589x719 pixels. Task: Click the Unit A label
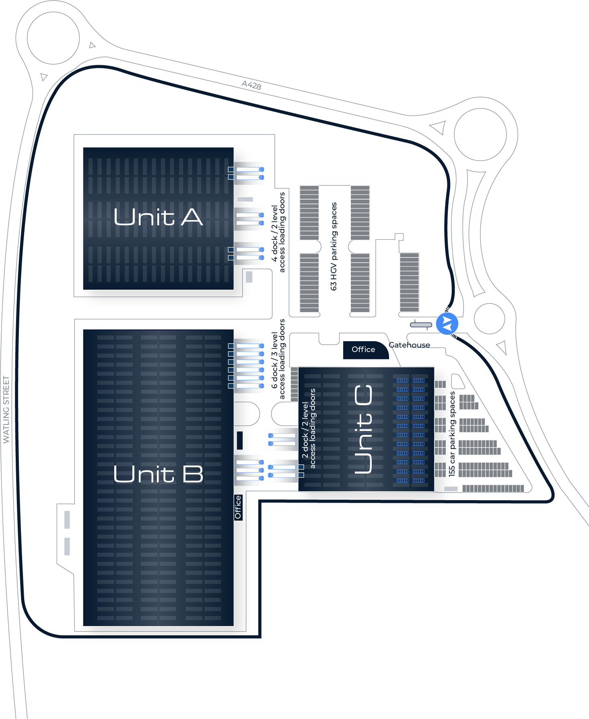(x=158, y=217)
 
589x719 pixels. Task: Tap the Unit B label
(x=159, y=474)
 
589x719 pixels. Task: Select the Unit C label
(x=363, y=429)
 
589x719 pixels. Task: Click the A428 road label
(x=251, y=85)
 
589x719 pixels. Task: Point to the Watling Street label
(x=6, y=410)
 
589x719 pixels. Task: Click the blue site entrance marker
(x=447, y=323)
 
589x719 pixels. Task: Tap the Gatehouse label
(x=410, y=345)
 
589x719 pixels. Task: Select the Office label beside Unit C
(x=363, y=349)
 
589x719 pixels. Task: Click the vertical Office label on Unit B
(x=238, y=507)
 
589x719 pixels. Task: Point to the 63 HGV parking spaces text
(x=334, y=246)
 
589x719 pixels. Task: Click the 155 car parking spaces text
(x=452, y=434)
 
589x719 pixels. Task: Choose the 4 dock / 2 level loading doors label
(x=278, y=232)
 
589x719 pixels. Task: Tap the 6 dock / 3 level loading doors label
(x=278, y=359)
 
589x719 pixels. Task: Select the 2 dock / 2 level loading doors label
(x=309, y=429)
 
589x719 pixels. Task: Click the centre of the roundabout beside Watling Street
(x=54, y=38)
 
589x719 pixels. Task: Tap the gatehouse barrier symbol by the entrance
(x=421, y=325)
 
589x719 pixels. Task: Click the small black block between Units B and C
(x=240, y=440)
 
